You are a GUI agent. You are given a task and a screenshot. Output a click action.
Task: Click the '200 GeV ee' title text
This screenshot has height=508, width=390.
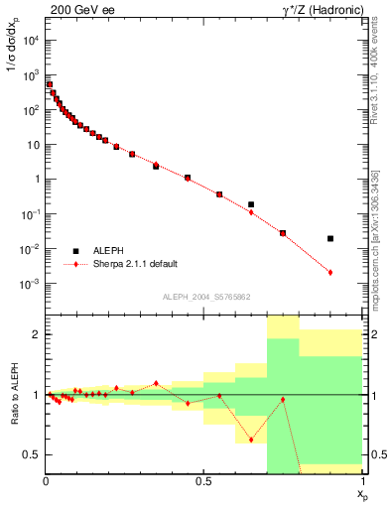click(79, 12)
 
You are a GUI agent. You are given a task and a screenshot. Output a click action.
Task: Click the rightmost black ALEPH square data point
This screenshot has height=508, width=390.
click(330, 238)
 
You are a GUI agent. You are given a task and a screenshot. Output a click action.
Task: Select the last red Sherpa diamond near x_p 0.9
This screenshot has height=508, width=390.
click(330, 272)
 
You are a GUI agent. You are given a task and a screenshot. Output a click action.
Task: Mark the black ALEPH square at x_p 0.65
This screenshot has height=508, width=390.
click(251, 204)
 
